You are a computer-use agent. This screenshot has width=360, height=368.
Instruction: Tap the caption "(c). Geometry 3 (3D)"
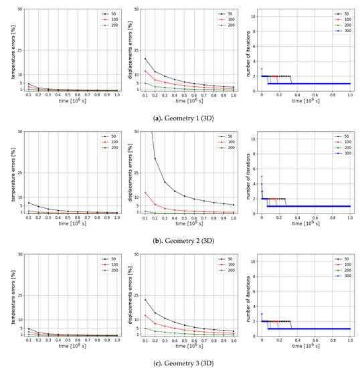point(181,356)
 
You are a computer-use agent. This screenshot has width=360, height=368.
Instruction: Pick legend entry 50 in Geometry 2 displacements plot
point(227,136)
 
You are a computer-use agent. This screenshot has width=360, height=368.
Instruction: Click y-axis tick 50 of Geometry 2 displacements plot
point(137,132)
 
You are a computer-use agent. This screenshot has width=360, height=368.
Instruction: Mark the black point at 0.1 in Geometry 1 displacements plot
point(145,59)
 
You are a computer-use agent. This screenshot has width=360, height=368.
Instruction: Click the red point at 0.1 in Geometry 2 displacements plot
point(145,193)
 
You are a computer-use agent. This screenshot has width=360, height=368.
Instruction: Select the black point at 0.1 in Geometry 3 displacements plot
point(145,300)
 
